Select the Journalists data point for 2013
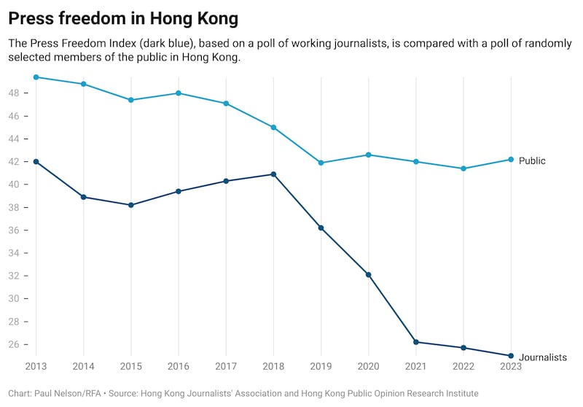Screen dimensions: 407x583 coord(36,161)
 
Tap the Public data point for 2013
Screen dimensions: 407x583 coord(36,77)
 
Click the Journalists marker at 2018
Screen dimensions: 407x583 coord(273,174)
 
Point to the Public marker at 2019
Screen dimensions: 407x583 coord(321,163)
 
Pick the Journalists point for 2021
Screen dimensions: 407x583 coord(415,342)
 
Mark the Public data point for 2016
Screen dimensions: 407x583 coord(179,93)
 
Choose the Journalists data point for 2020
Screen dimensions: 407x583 coord(368,274)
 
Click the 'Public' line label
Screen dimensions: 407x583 coord(532,160)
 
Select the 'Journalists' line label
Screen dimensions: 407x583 coord(542,357)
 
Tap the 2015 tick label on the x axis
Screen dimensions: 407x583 coord(131,366)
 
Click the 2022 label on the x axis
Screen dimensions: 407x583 coord(463,366)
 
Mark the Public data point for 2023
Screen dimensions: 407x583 coord(511,159)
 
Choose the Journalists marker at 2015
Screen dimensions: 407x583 coord(131,205)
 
